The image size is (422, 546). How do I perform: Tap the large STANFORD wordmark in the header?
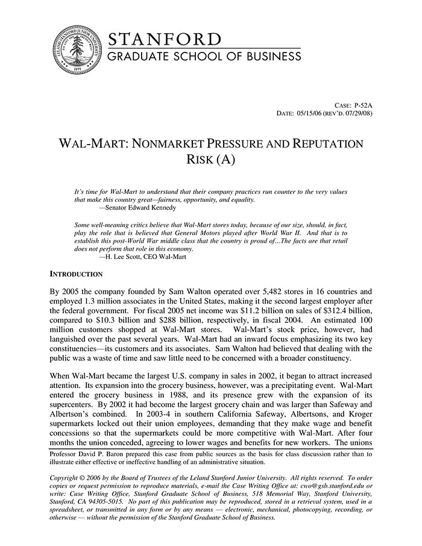[165, 40]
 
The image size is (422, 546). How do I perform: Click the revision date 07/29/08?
[357, 113]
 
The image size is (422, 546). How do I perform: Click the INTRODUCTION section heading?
[76, 274]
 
